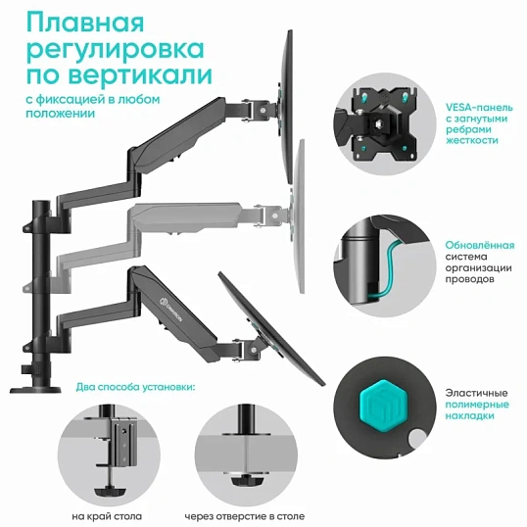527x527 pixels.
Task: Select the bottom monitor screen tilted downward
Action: (x=270, y=328)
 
